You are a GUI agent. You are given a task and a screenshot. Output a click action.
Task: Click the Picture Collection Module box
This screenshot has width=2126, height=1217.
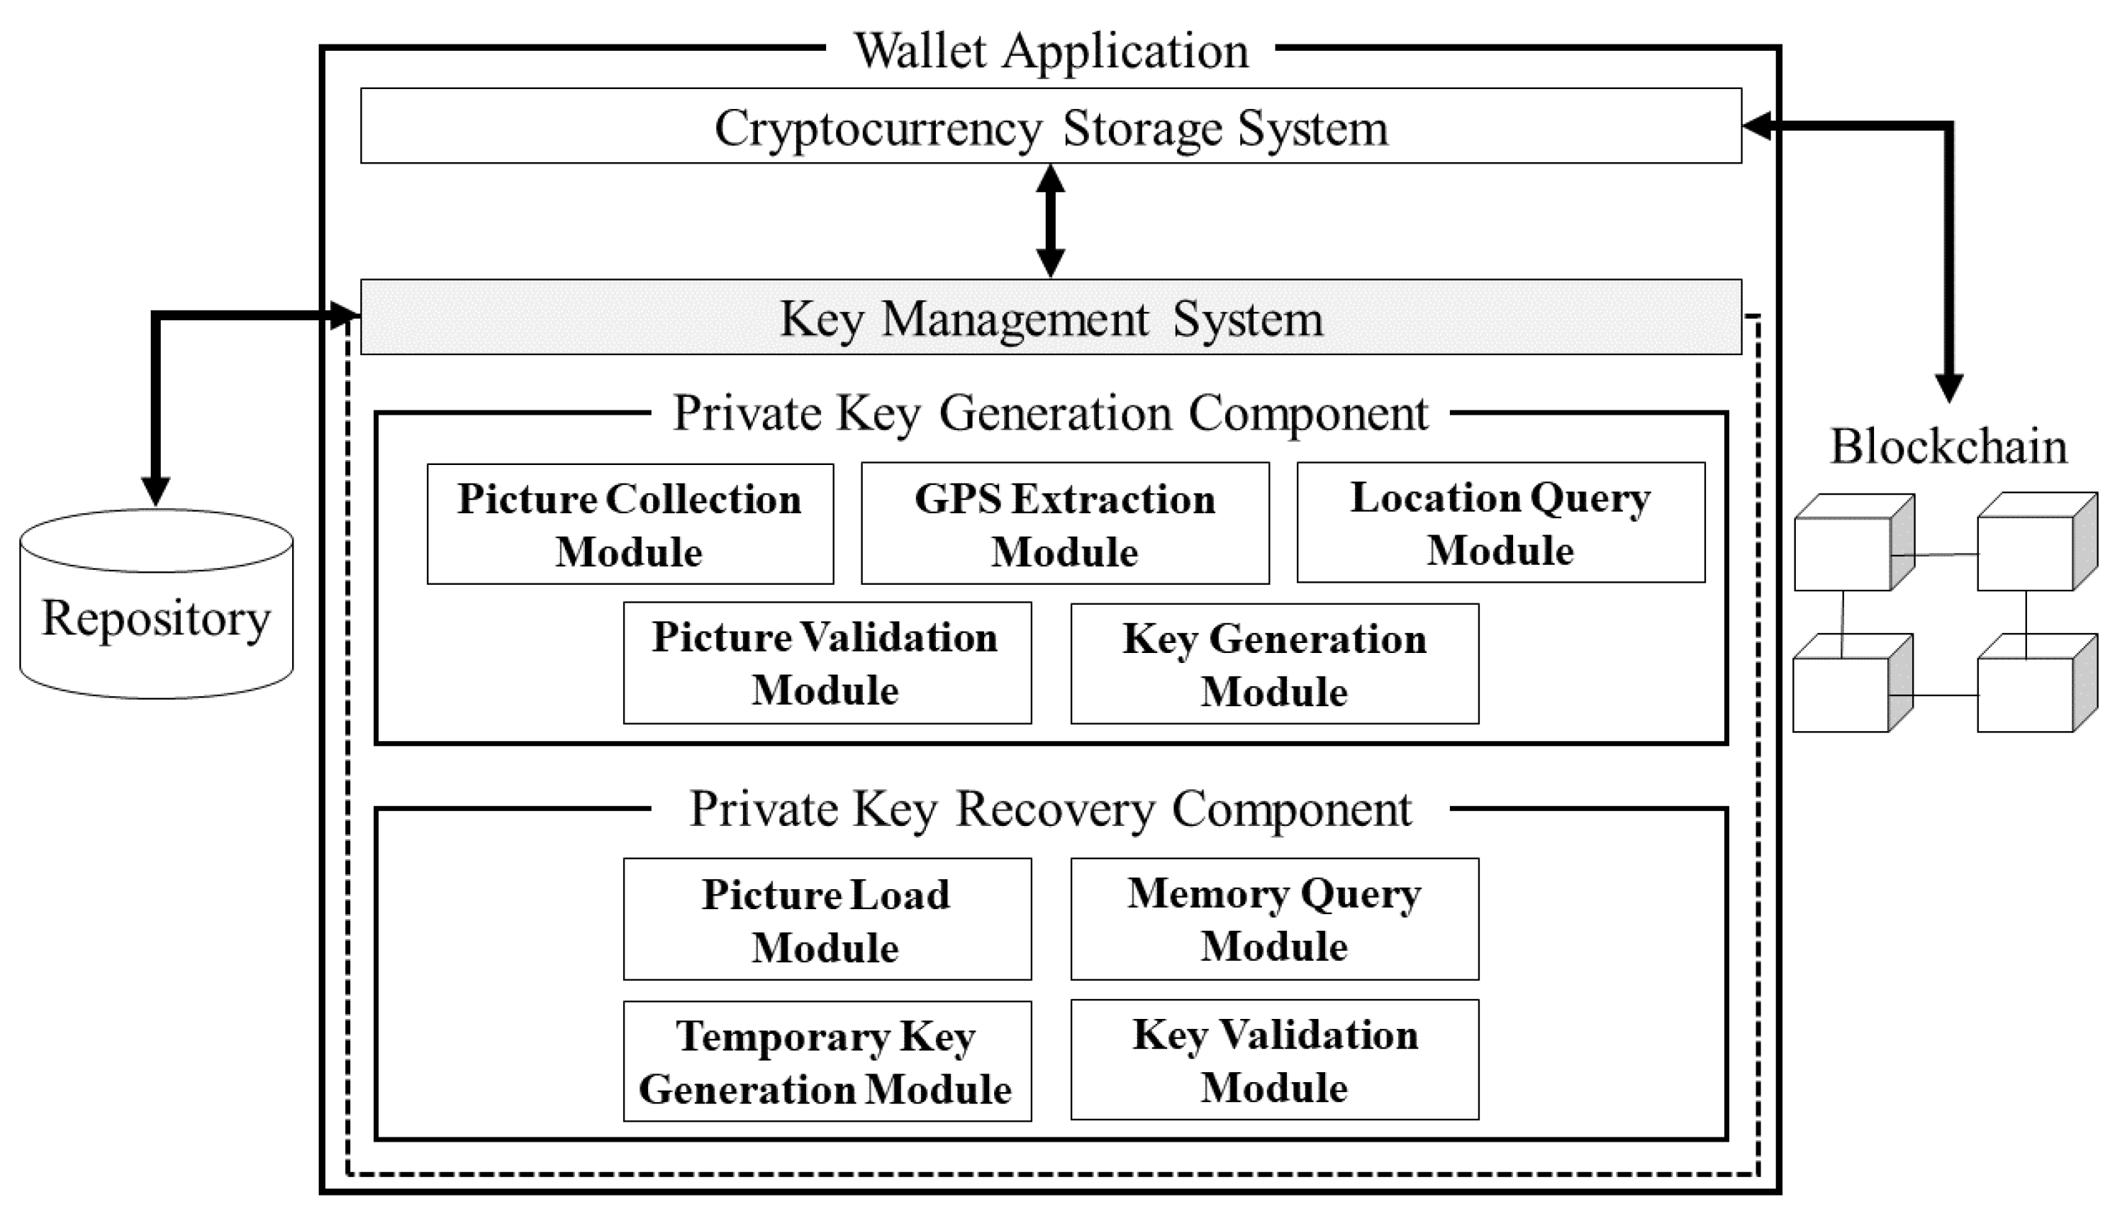coord(629,524)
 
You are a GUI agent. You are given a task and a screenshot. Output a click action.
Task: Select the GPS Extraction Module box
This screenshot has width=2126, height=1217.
coord(1064,524)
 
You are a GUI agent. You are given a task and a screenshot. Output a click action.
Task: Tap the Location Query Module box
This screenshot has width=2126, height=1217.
coord(1500,522)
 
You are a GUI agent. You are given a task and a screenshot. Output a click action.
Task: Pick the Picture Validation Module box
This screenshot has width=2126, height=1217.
coord(826,663)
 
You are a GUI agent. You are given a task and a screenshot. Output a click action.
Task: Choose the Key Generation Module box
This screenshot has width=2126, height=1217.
coord(1273,664)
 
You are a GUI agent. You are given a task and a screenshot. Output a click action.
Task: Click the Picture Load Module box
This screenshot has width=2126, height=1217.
coord(826,919)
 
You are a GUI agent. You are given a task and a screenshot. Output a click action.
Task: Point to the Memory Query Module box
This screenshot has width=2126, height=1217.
coord(1273,918)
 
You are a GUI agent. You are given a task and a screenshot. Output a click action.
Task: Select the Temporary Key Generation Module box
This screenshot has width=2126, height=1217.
coord(826,1061)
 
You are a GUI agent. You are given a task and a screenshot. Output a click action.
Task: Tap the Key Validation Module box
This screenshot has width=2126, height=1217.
coord(1273,1060)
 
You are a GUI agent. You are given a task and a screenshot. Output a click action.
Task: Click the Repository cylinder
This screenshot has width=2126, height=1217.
coord(156,619)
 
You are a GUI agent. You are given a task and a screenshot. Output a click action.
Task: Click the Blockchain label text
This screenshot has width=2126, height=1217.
coord(1947,446)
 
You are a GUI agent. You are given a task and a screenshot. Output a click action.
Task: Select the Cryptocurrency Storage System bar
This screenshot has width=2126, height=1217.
coord(1050,127)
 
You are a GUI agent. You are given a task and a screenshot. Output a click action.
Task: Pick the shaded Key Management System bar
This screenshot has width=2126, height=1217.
coord(1050,319)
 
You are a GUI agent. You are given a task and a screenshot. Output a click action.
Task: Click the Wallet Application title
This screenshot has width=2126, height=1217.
coord(1050,51)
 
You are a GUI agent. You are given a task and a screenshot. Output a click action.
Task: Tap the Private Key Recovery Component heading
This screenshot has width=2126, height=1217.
coord(1050,809)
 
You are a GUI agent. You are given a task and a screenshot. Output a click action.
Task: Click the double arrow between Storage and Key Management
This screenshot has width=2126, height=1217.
coord(1050,221)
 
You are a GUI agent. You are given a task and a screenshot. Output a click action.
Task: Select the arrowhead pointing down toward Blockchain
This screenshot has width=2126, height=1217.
coord(1949,387)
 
